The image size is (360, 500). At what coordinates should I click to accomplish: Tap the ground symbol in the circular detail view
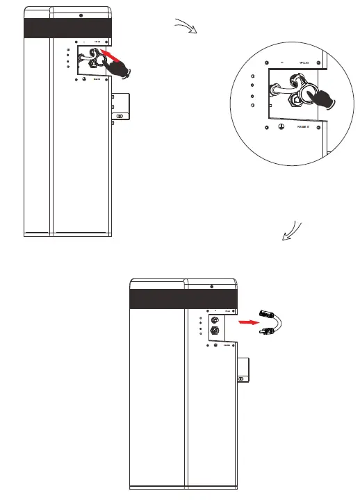pyautogui.click(x=280, y=128)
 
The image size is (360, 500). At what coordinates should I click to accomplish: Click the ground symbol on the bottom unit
pyautogui.click(x=215, y=344)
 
